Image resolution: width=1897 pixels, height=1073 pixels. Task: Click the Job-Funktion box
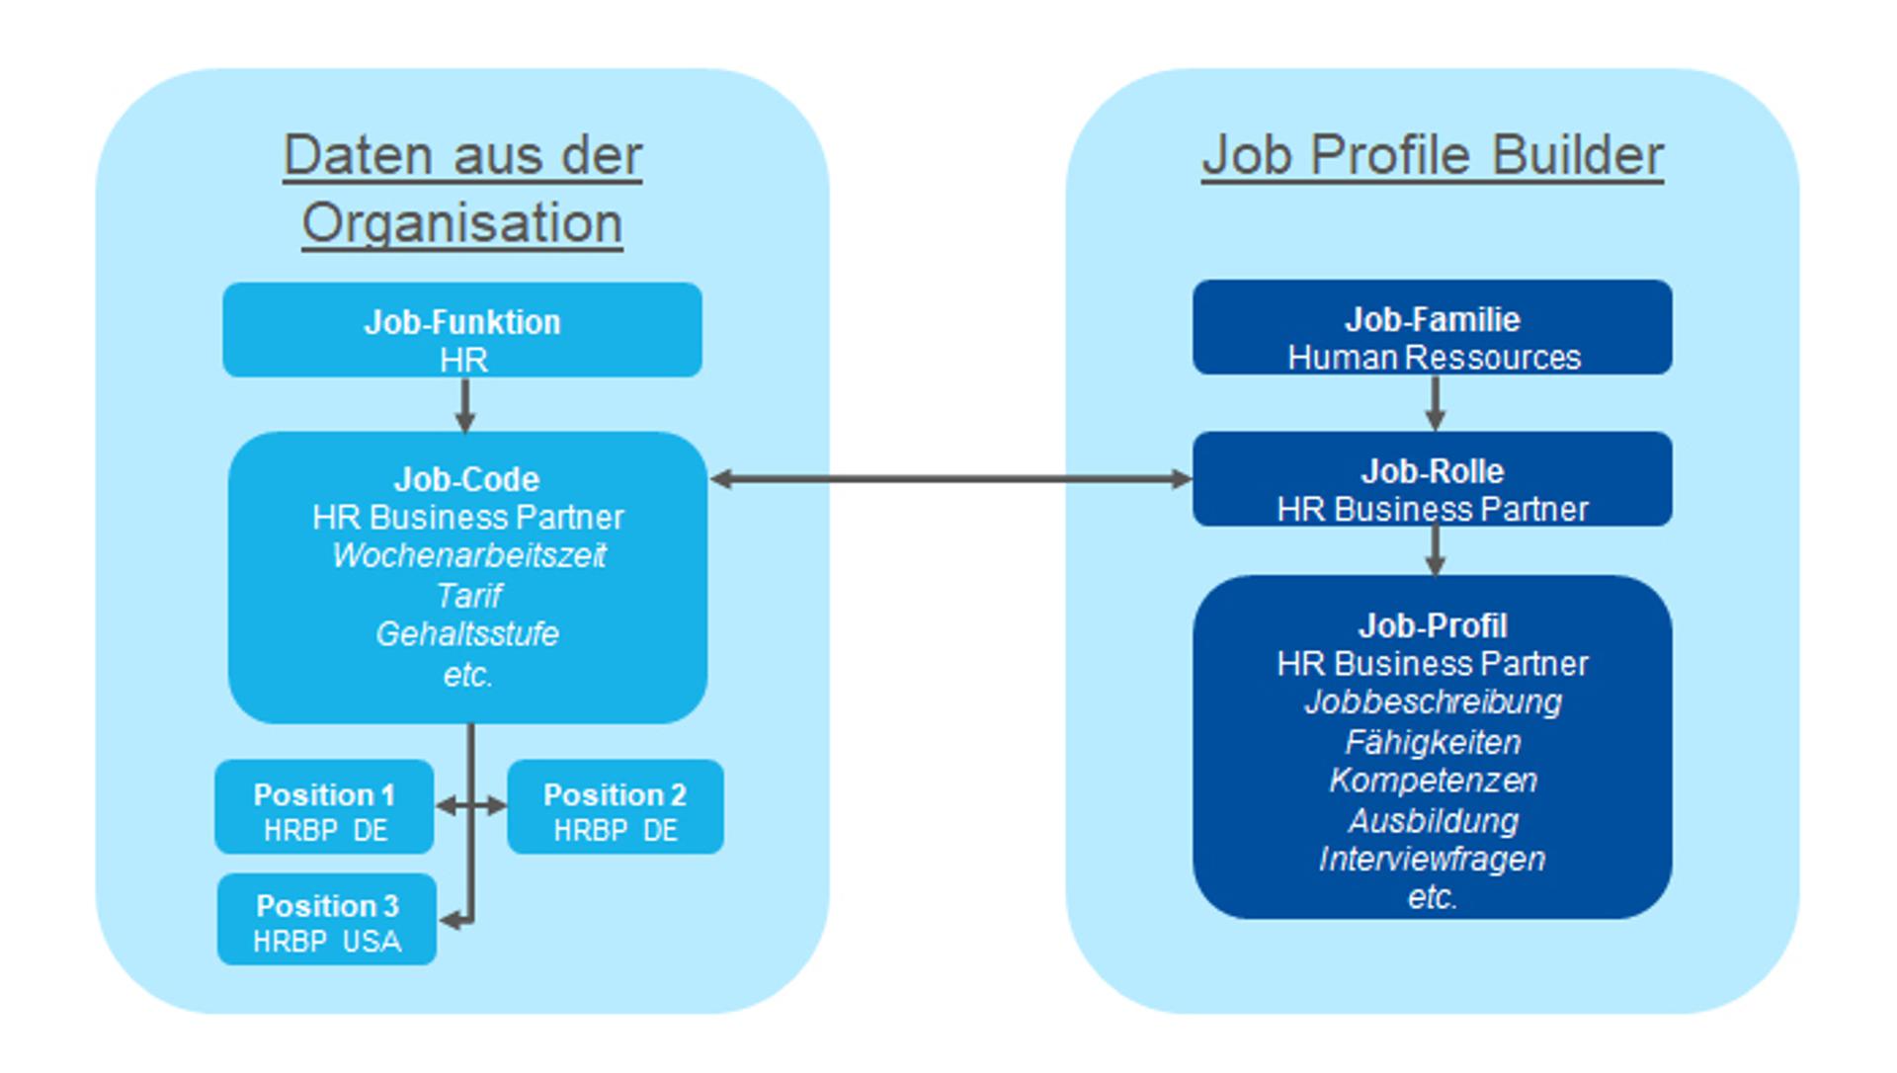click(x=461, y=330)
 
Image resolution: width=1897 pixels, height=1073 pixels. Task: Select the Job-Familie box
click(x=1432, y=327)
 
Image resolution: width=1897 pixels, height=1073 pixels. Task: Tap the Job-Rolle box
click(x=1432, y=479)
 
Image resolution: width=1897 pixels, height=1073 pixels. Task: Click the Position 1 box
click(x=324, y=807)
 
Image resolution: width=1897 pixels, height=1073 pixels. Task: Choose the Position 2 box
click(x=615, y=807)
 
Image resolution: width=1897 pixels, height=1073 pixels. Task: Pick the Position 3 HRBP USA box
click(x=326, y=920)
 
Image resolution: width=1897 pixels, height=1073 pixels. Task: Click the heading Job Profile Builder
click(x=1432, y=156)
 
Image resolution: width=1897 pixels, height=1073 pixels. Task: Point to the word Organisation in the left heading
click(x=461, y=223)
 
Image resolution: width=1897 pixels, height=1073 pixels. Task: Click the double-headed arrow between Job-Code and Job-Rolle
click(x=950, y=479)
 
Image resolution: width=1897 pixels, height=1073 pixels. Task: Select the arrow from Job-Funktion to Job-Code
click(x=464, y=404)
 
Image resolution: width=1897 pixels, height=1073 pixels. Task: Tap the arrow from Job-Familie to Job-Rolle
click(x=1435, y=402)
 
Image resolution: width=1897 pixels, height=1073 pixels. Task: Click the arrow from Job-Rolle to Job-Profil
click(x=1435, y=550)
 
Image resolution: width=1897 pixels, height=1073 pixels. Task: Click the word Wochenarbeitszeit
click(x=468, y=556)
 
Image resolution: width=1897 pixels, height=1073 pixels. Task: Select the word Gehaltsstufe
click(x=467, y=634)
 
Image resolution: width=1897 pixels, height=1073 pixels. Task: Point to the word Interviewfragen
click(x=1432, y=860)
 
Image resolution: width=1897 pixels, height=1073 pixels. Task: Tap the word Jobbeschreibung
click(x=1433, y=702)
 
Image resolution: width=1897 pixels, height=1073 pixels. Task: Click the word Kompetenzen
click(x=1433, y=781)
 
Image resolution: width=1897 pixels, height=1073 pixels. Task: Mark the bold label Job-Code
click(x=466, y=480)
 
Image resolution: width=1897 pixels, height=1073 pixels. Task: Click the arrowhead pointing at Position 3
click(x=450, y=921)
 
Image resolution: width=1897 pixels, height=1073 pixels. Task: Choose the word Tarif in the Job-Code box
click(x=469, y=596)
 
